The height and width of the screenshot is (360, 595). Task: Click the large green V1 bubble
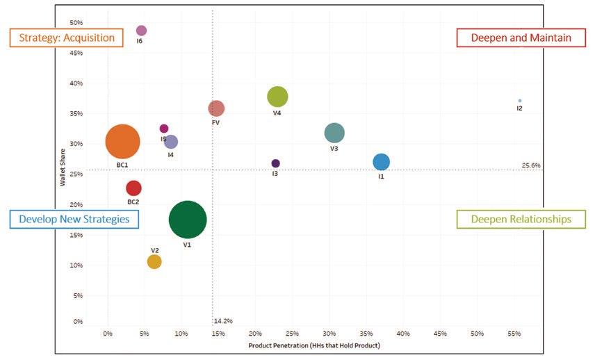click(x=187, y=220)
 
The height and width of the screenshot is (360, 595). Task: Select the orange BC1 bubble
click(x=122, y=142)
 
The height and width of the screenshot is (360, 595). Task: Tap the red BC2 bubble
click(x=133, y=188)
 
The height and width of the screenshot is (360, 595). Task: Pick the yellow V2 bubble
click(x=154, y=261)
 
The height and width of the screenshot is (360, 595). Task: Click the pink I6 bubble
click(x=141, y=31)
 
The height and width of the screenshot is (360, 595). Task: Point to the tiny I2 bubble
click(x=519, y=101)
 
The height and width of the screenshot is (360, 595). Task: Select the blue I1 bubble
click(x=381, y=162)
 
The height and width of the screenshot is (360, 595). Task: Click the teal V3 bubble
click(x=334, y=133)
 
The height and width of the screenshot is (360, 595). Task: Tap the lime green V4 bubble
click(x=277, y=97)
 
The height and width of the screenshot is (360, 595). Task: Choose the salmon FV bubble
click(x=216, y=108)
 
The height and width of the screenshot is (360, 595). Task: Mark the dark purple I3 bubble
click(x=275, y=163)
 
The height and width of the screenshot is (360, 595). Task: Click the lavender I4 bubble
click(x=170, y=142)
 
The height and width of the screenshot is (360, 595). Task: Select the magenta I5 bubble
click(x=164, y=129)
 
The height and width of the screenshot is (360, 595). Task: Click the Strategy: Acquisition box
click(x=67, y=38)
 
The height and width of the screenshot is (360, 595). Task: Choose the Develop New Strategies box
click(x=74, y=219)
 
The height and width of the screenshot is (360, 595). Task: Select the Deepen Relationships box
click(x=521, y=219)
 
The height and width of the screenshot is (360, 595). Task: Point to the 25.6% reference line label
click(x=530, y=165)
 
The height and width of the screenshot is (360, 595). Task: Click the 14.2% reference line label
click(x=223, y=321)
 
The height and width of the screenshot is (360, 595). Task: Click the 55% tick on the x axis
click(x=514, y=334)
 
